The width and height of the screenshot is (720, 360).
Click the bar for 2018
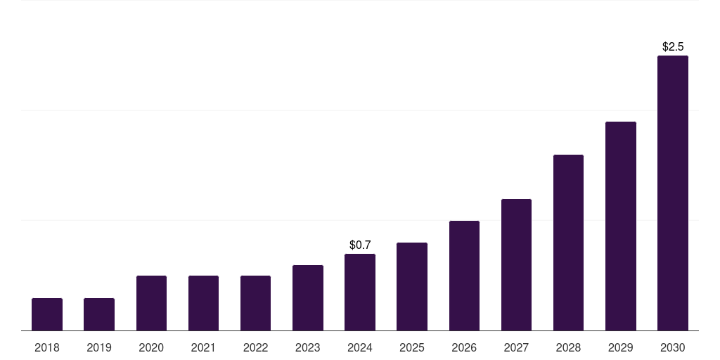(x=47, y=314)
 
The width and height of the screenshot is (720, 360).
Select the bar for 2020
(x=151, y=303)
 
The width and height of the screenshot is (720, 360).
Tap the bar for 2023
(x=308, y=297)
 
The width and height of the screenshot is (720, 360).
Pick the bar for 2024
(x=360, y=292)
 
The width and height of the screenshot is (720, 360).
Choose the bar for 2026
(x=464, y=276)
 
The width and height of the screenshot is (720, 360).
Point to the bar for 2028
(x=568, y=243)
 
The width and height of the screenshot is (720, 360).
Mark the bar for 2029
(x=620, y=226)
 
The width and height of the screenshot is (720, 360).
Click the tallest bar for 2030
(x=672, y=193)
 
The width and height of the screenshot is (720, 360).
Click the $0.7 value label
(x=360, y=245)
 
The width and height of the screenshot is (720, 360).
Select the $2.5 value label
(x=673, y=46)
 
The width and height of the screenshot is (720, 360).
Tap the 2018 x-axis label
(x=47, y=347)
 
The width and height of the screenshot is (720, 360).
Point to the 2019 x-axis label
(x=99, y=347)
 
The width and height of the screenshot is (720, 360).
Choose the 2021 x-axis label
(x=203, y=347)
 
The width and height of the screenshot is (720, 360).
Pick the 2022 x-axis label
(x=255, y=347)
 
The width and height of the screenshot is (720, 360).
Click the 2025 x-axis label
(x=412, y=347)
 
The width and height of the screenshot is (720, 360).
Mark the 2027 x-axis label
(x=516, y=347)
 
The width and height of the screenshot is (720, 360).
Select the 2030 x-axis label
(x=672, y=347)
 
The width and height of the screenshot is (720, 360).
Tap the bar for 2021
(x=203, y=303)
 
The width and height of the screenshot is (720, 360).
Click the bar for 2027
(x=516, y=264)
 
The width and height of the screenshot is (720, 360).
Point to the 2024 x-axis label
(x=360, y=347)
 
